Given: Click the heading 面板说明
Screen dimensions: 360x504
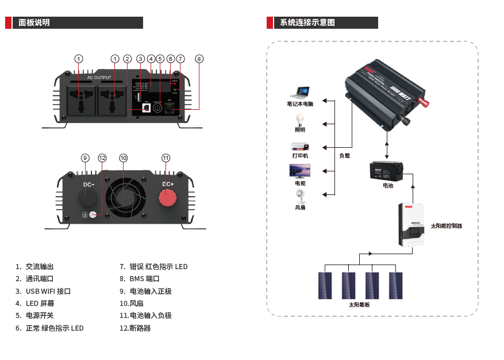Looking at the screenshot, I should pyautogui.click(x=34, y=23).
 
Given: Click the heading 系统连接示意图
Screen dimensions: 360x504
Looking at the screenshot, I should pyautogui.click(x=307, y=23).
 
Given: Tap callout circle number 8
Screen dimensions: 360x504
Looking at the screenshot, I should pyautogui.click(x=199, y=59).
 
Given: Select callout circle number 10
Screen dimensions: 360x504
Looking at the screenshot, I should pyautogui.click(x=123, y=158).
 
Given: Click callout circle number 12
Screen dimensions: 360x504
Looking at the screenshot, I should pyautogui.click(x=102, y=158).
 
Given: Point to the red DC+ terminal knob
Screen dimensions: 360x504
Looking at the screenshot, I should pyautogui.click(x=168, y=197).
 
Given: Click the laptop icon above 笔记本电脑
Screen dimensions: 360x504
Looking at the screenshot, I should pyautogui.click(x=300, y=93).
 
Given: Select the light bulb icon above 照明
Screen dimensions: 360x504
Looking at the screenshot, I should pyautogui.click(x=299, y=119).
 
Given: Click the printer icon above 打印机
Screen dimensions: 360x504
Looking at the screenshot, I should pyautogui.click(x=300, y=146).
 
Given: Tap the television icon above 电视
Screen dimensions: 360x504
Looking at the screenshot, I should pyautogui.click(x=299, y=171).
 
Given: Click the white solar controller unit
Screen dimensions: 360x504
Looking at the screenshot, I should pyautogui.click(x=413, y=225).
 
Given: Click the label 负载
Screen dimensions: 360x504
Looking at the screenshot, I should pyautogui.click(x=344, y=155).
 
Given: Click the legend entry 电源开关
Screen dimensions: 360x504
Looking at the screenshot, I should pyautogui.click(x=40, y=316).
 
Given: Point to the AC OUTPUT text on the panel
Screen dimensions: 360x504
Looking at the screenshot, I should pyautogui.click(x=99, y=77).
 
